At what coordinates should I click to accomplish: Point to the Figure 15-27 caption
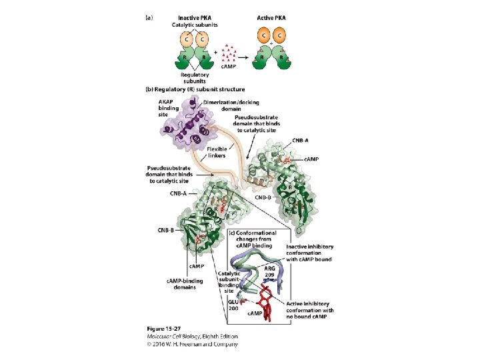pos(165,329)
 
